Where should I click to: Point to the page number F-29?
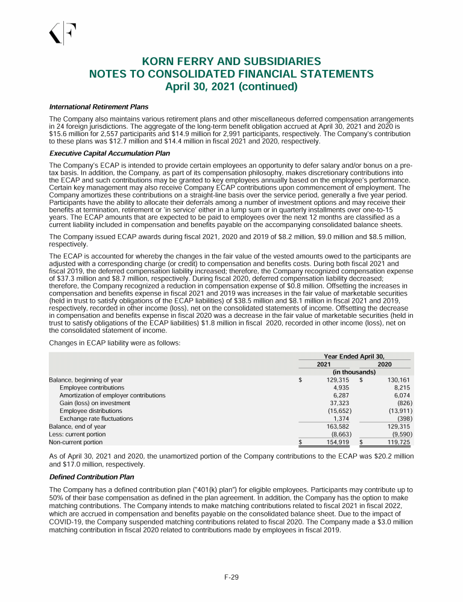point(231,578)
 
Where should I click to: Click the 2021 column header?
point(324,364)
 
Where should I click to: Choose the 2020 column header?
point(384,364)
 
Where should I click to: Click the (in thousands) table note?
point(354,372)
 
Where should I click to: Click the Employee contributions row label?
point(92,388)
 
